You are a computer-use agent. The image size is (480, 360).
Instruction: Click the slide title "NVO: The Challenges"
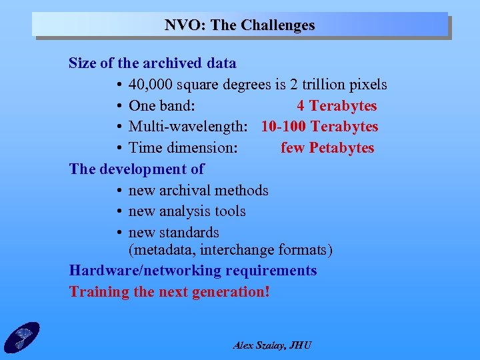click(240, 25)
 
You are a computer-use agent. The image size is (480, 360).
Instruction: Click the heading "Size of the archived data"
click(153, 63)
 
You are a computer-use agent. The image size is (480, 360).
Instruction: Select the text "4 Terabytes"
click(337, 106)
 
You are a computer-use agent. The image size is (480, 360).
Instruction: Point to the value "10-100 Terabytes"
click(319, 127)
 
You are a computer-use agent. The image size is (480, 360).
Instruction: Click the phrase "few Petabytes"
click(327, 148)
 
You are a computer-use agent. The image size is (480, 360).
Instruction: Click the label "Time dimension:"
click(183, 148)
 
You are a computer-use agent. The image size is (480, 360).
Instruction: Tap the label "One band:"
click(161, 106)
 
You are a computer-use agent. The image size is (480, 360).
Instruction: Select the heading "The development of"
click(137, 169)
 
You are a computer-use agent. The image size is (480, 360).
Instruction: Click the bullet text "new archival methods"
click(198, 191)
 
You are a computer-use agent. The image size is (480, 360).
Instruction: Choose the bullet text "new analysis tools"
click(187, 211)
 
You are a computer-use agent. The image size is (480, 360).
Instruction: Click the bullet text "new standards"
click(173, 233)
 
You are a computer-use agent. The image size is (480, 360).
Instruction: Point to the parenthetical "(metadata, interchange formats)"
click(230, 250)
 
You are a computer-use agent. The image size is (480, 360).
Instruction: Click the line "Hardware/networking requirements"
click(193, 271)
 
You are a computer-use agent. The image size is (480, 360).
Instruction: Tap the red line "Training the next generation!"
click(169, 292)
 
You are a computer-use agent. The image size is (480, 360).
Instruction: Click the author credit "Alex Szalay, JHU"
click(272, 345)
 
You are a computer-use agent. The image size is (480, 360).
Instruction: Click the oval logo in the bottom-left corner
click(21, 337)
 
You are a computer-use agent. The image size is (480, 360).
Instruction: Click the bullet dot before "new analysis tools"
click(117, 212)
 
